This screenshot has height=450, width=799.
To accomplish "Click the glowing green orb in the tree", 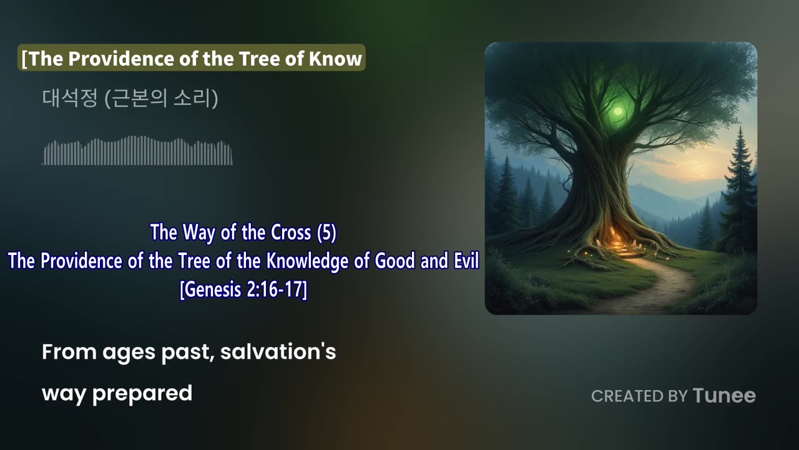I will tap(618, 111).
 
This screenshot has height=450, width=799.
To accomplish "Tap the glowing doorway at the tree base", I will tap(618, 241).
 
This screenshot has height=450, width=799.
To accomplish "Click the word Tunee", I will tap(724, 396).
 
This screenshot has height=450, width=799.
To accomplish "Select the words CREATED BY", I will tap(639, 396).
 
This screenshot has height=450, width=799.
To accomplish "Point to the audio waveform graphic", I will tap(137, 151).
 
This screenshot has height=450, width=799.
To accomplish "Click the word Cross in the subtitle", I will tap(292, 232).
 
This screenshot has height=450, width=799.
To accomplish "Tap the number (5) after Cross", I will tap(326, 232).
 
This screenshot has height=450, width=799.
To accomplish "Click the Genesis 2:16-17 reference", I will tap(243, 291).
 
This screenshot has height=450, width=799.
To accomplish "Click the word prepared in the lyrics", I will tap(142, 393).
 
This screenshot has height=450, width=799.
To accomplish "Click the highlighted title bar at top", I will tap(191, 58).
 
